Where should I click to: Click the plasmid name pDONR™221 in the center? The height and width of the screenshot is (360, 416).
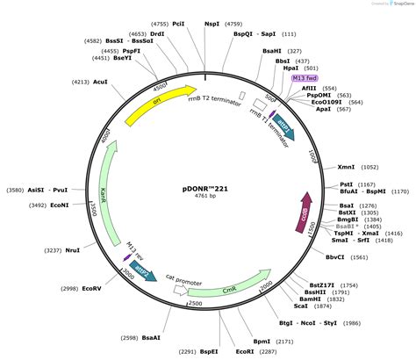coord(207,187)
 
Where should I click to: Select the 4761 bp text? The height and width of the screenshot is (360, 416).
coord(207,198)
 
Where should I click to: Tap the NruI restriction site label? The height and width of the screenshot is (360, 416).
coord(72,250)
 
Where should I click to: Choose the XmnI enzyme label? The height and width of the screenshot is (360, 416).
coord(346,166)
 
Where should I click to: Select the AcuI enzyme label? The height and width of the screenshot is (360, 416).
coord(100,81)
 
